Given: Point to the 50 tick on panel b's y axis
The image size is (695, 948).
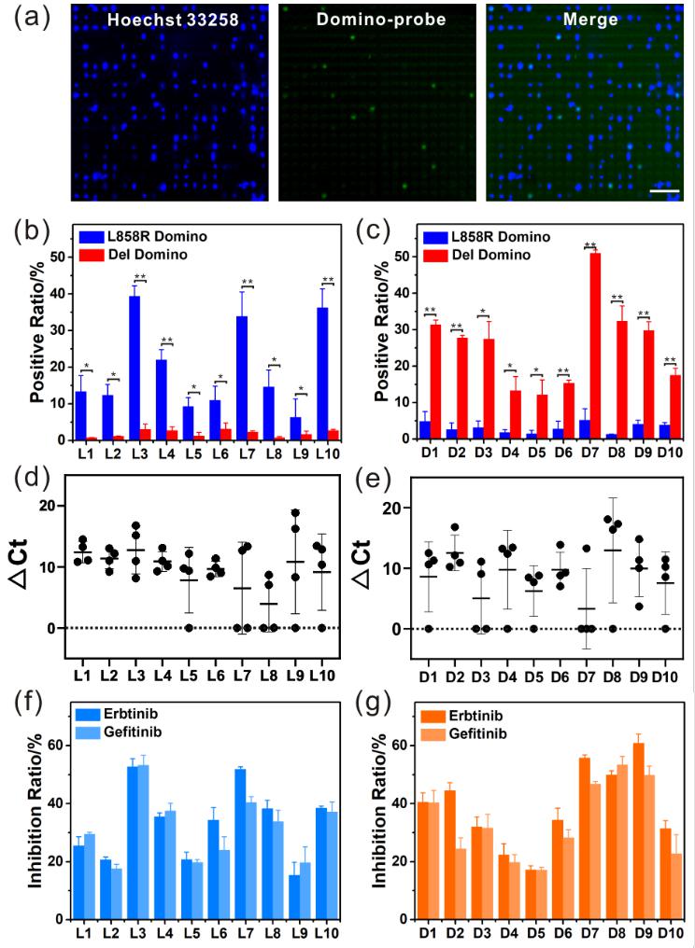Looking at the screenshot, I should (55, 256).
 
